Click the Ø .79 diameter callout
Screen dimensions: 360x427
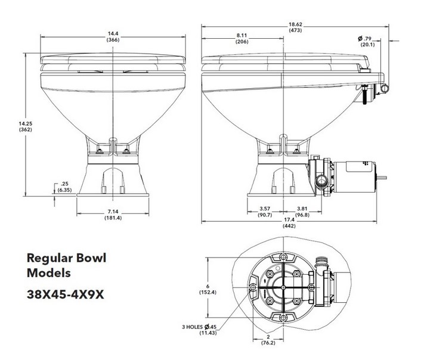(x=366, y=39)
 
